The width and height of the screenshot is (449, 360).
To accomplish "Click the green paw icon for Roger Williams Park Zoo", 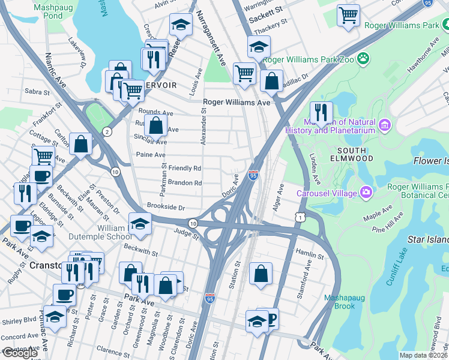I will [363, 59].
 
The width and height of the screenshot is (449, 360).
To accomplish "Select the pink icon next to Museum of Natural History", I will [385, 125].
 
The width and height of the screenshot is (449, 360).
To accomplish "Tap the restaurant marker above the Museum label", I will [321, 112].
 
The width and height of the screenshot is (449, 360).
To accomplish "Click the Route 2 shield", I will [106, 131].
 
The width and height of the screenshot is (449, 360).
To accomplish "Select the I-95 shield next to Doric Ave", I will [253, 175].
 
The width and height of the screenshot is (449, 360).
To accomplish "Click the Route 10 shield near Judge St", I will [192, 223].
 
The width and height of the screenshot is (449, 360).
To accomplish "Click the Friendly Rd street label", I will [185, 169].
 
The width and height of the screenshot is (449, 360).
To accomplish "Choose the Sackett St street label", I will [266, 12].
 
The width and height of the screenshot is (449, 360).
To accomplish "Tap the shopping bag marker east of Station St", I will [261, 274].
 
